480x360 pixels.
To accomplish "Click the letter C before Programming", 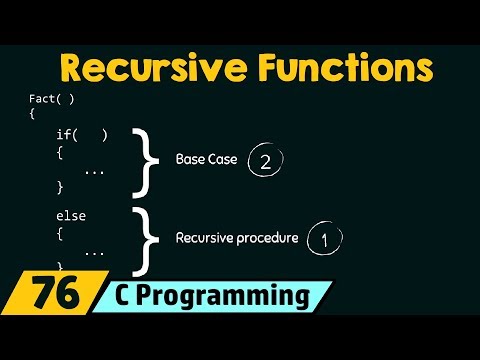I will coord(152,297).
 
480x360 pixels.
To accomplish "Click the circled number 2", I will coord(265,161).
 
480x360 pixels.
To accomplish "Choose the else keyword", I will coord(70,214).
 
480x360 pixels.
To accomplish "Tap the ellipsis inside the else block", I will coord(94,252).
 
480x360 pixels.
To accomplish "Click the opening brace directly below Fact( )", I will coord(32,114).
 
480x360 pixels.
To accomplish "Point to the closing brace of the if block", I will coord(60,187).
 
